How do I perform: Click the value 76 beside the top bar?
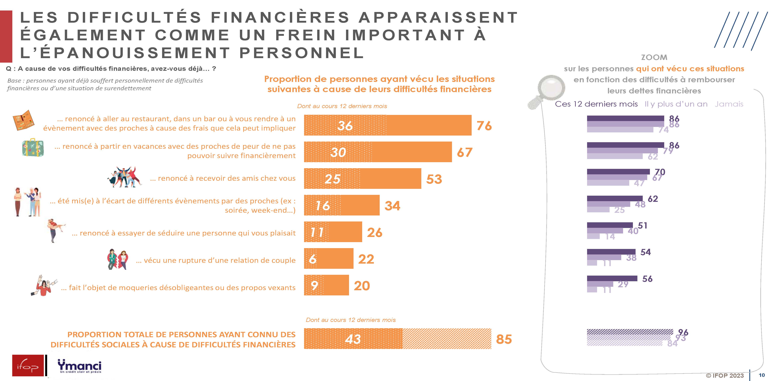click(484, 126)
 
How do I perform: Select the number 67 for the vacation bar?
click(464, 152)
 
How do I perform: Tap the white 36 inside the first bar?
click(345, 126)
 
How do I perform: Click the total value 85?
click(504, 339)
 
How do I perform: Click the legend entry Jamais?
click(729, 104)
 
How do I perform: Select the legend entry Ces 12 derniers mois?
click(596, 104)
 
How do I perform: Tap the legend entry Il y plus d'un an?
click(676, 104)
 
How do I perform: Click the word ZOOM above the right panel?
click(654, 57)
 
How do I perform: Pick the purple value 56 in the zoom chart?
click(647, 279)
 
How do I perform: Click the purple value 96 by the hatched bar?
click(683, 332)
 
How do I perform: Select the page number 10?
click(762, 375)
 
